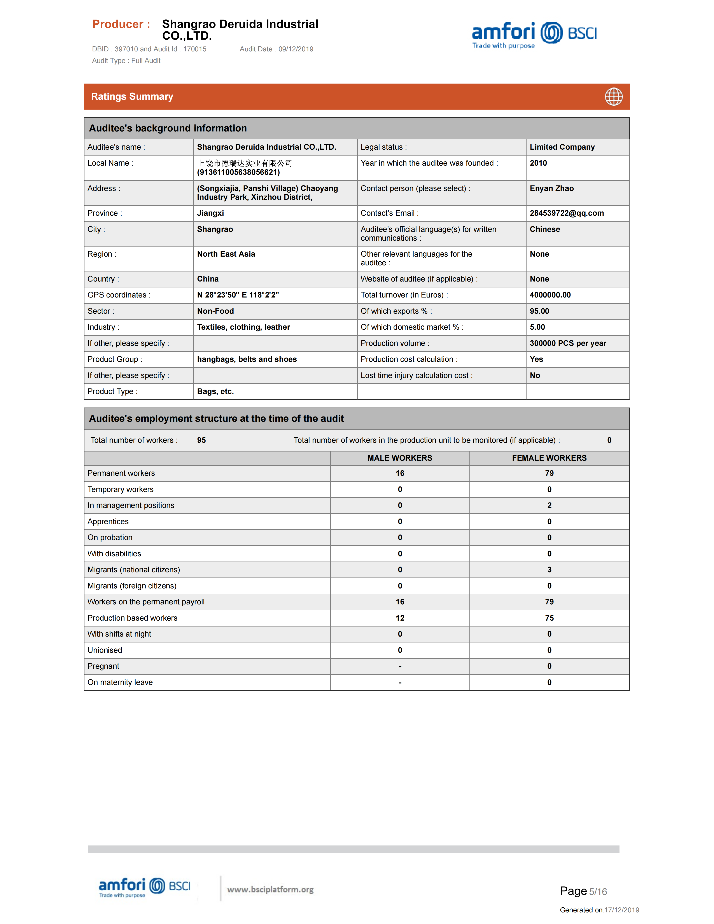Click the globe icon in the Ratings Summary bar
613,97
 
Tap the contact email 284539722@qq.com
566,213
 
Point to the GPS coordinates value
238,295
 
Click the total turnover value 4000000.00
550,295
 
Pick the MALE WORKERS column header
400,458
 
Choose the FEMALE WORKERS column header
549,458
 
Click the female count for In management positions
549,505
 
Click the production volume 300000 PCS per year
568,343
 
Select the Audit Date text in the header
276,49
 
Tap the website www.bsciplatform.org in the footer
270,889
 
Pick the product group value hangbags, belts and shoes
247,359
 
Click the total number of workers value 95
201,440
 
